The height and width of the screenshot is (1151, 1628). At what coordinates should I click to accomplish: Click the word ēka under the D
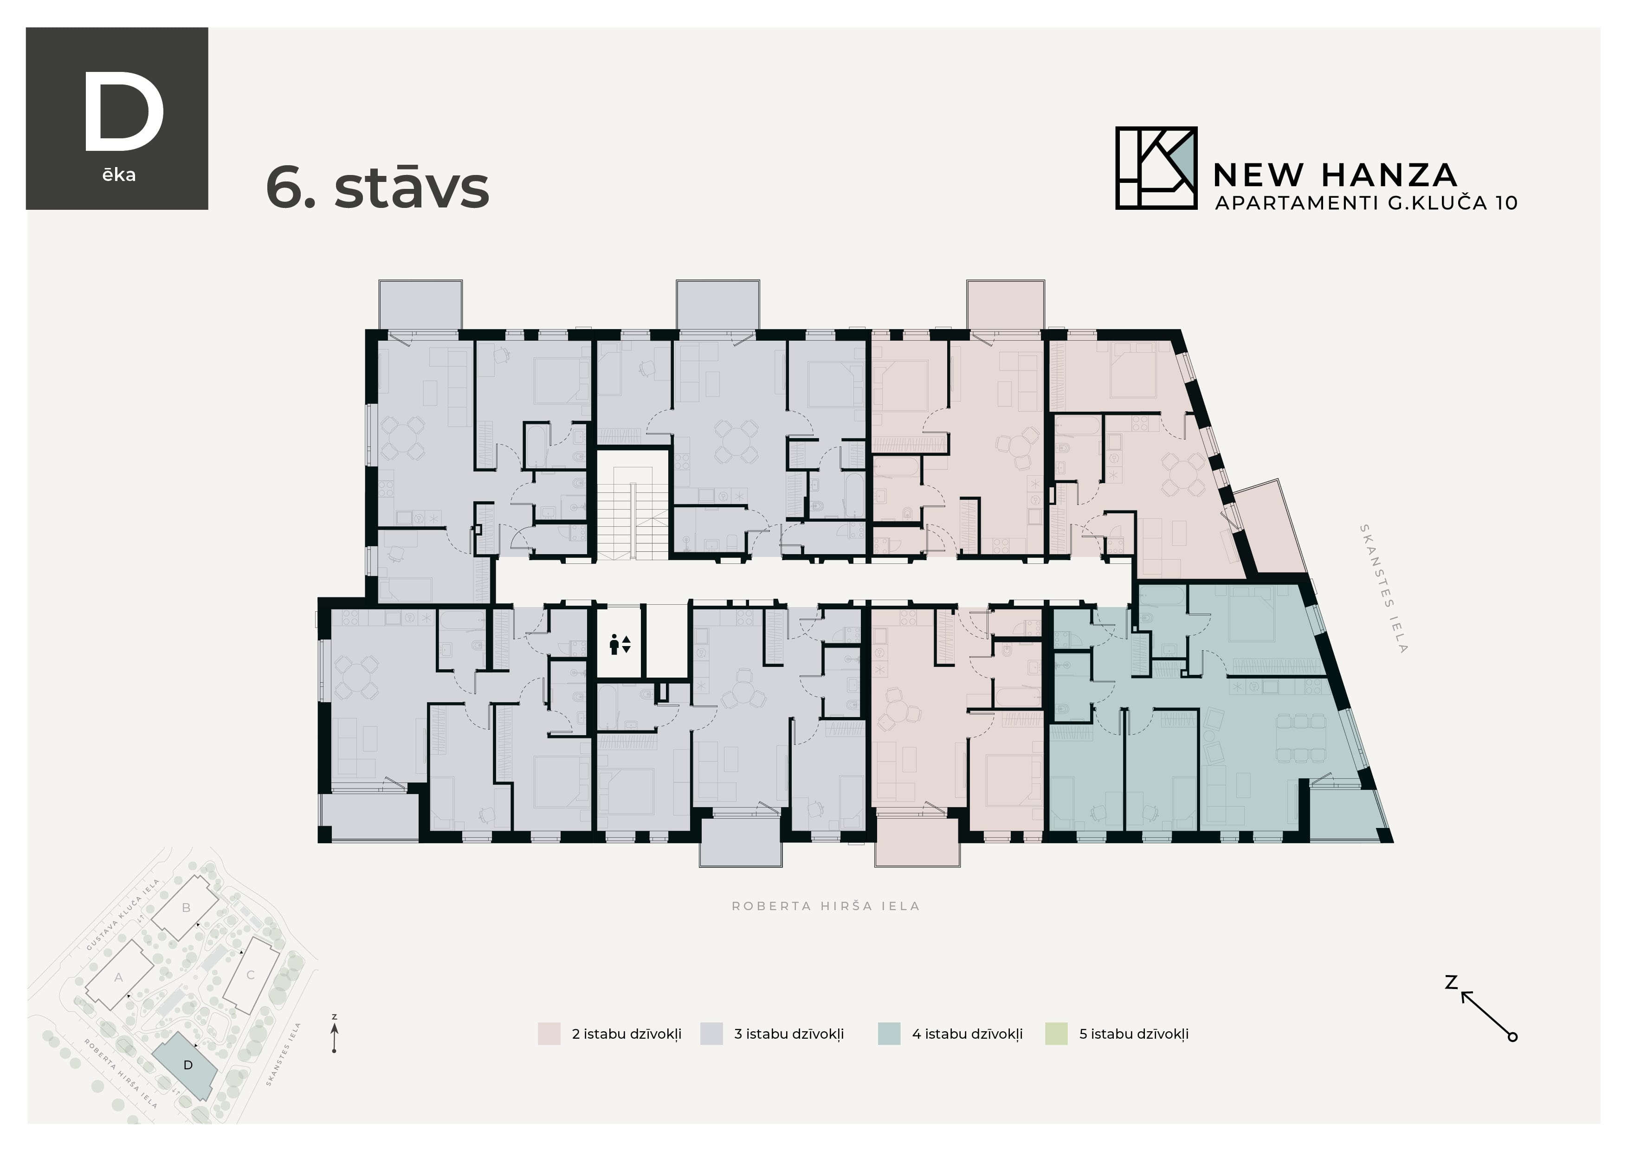[118, 175]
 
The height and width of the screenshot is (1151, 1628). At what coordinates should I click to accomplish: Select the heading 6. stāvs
[377, 188]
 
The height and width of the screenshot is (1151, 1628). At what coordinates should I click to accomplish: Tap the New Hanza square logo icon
[1156, 168]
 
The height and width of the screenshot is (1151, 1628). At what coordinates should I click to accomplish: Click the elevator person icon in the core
[619, 645]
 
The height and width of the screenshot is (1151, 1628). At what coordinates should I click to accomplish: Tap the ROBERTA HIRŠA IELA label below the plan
[825, 906]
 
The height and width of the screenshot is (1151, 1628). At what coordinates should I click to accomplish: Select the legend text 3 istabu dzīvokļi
[788, 1034]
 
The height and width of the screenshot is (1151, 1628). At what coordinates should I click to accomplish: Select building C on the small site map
[250, 975]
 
